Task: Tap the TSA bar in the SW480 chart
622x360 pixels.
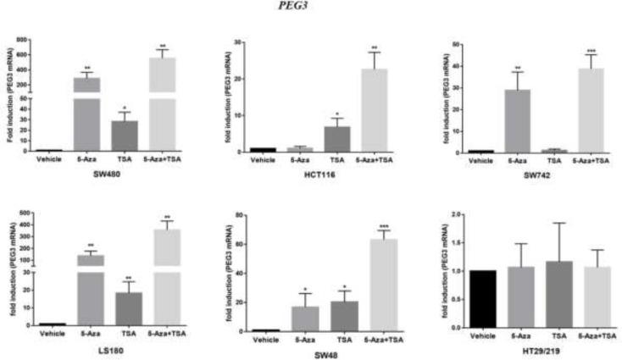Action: [x=125, y=136]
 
